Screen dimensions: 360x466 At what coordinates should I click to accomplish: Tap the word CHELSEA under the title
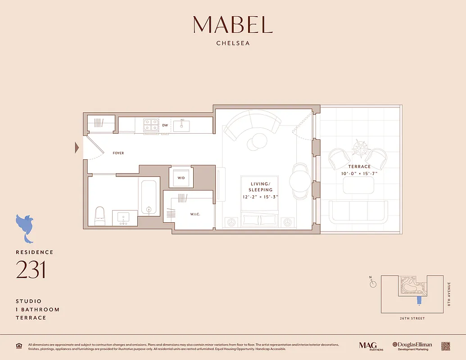pyautogui.click(x=233, y=44)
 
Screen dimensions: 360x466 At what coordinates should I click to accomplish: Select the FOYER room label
pyautogui.click(x=118, y=153)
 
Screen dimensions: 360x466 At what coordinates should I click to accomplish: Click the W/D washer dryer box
pyautogui.click(x=181, y=177)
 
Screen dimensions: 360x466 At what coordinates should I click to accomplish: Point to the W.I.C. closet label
pyautogui.click(x=195, y=214)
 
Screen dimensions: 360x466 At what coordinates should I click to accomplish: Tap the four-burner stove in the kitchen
pyautogui.click(x=150, y=125)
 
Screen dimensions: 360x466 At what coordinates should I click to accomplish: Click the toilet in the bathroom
pyautogui.click(x=100, y=216)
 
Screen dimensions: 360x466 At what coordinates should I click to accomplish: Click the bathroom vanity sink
pyautogui.click(x=123, y=218)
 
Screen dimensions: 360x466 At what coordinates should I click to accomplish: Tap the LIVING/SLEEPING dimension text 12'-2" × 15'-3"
pyautogui.click(x=261, y=196)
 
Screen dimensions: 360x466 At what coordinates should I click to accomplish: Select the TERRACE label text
pyautogui.click(x=359, y=166)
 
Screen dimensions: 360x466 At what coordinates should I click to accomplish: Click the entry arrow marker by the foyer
pyautogui.click(x=77, y=147)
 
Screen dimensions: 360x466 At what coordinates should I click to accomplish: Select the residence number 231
pyautogui.click(x=31, y=270)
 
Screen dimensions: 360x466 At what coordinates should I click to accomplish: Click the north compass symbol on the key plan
pyautogui.click(x=372, y=283)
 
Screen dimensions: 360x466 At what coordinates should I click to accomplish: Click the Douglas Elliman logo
pyautogui.click(x=412, y=346)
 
